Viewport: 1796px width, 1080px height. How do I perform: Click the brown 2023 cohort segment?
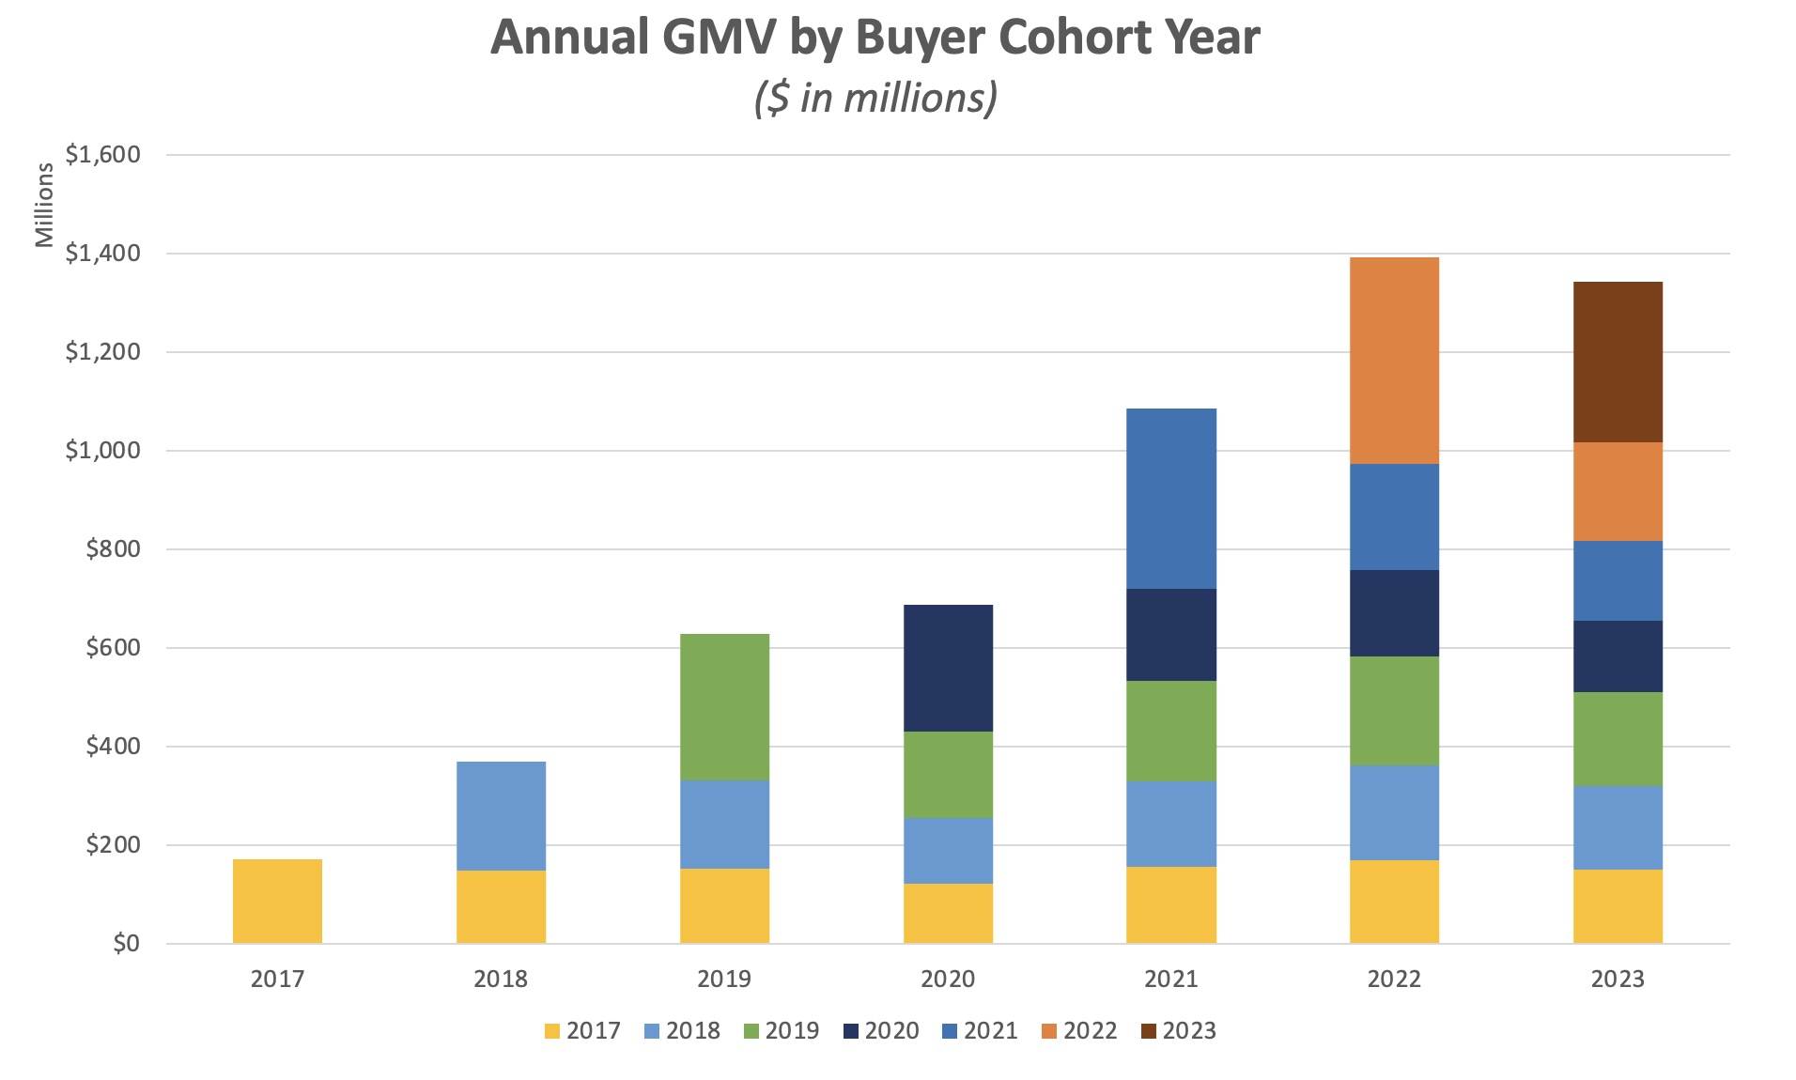click(x=1618, y=362)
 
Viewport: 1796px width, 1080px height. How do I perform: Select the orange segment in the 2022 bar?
click(x=1394, y=361)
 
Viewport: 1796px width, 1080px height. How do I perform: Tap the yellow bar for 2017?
click(x=277, y=901)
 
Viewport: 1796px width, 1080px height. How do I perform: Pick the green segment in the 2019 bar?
click(x=724, y=706)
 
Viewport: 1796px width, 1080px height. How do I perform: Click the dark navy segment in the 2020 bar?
click(x=948, y=668)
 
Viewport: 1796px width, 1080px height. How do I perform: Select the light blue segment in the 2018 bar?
click(x=501, y=815)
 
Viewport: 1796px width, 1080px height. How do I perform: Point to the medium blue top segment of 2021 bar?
click(x=1171, y=498)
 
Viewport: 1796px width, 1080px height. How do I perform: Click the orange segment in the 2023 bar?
click(x=1618, y=491)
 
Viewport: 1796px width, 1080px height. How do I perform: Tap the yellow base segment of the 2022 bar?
click(x=1394, y=902)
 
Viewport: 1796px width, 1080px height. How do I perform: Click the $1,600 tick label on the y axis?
click(x=102, y=155)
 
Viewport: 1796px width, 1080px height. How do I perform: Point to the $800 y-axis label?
click(x=113, y=549)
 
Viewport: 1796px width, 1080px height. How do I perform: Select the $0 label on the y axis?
click(x=126, y=944)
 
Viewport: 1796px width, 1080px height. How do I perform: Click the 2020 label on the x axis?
click(x=948, y=980)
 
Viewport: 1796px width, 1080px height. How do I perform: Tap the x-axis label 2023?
click(x=1618, y=980)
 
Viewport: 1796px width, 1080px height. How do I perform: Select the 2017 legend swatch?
click(x=552, y=1031)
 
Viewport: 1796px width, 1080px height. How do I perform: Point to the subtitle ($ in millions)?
click(x=875, y=98)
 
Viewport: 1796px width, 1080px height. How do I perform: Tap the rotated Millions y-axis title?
click(x=44, y=205)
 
